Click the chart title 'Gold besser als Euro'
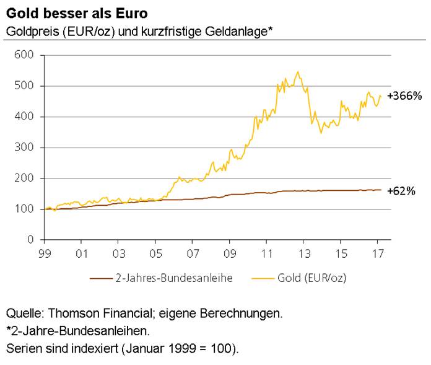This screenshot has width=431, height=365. click(68, 13)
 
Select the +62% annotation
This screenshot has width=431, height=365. click(401, 191)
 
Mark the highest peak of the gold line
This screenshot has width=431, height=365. click(298, 72)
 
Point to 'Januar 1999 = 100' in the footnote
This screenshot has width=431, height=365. click(185, 348)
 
